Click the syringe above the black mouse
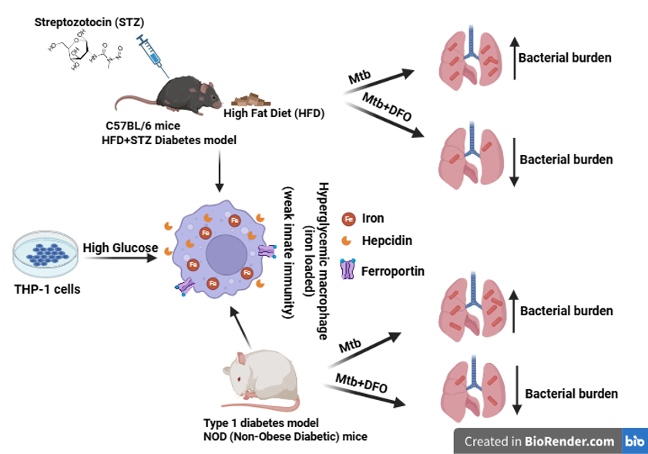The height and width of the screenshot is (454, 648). [152, 55]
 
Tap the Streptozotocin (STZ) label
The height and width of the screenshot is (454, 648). [89, 22]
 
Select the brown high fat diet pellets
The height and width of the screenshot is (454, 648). [250, 100]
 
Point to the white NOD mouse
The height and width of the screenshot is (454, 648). [260, 380]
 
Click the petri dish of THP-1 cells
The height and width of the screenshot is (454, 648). [45, 254]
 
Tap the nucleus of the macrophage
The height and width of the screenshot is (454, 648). [227, 254]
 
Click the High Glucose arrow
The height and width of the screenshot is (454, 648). [121, 258]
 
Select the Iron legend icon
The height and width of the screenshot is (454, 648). [348, 218]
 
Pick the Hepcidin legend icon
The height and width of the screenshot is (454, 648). [346, 240]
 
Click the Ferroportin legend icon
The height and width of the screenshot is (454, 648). [348, 269]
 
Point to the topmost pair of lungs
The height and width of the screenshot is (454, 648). [471, 58]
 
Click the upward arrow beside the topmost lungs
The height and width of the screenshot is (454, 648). [514, 58]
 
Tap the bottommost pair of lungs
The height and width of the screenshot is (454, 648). [473, 388]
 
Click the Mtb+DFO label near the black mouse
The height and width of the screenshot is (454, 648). [387, 106]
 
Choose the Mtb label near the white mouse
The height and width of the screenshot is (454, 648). [350, 345]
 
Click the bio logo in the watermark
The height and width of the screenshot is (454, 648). [634, 441]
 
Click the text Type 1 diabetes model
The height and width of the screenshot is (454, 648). [260, 423]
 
